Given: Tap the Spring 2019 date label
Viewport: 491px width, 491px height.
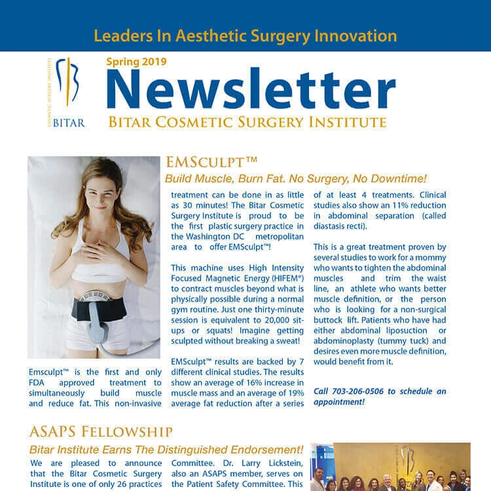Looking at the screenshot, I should coord(136,62).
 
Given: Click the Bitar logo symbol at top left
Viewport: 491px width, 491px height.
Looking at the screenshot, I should coord(67,82).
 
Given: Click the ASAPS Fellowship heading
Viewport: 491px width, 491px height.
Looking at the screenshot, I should coord(101,431).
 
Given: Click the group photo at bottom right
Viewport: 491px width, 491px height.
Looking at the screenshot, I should coord(400,467).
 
